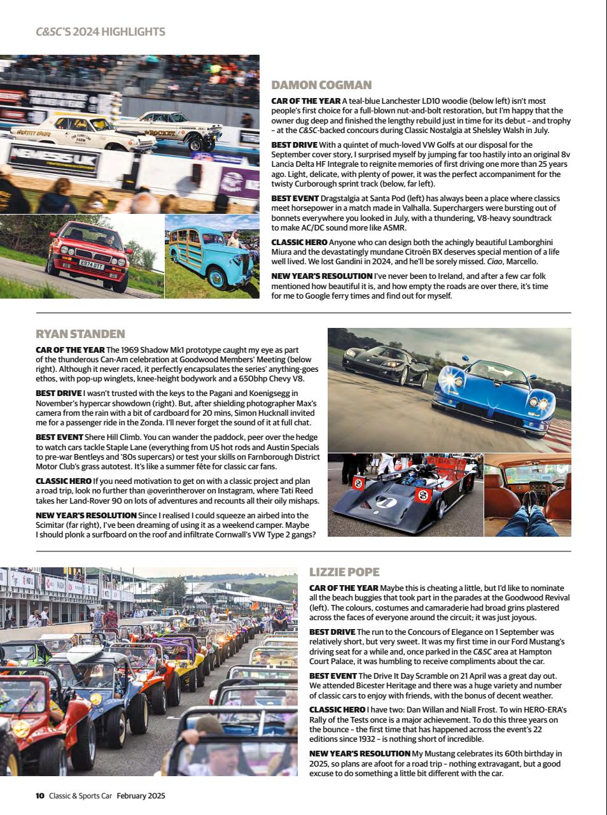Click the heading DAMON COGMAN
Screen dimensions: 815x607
tap(321, 85)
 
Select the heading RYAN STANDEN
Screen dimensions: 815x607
tap(80, 334)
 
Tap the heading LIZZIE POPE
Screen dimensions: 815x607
tap(344, 572)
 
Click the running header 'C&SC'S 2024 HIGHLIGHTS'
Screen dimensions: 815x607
tap(101, 31)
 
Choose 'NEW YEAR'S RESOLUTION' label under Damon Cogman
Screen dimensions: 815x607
tap(321, 276)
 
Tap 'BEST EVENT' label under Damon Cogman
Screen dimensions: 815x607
tap(295, 199)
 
